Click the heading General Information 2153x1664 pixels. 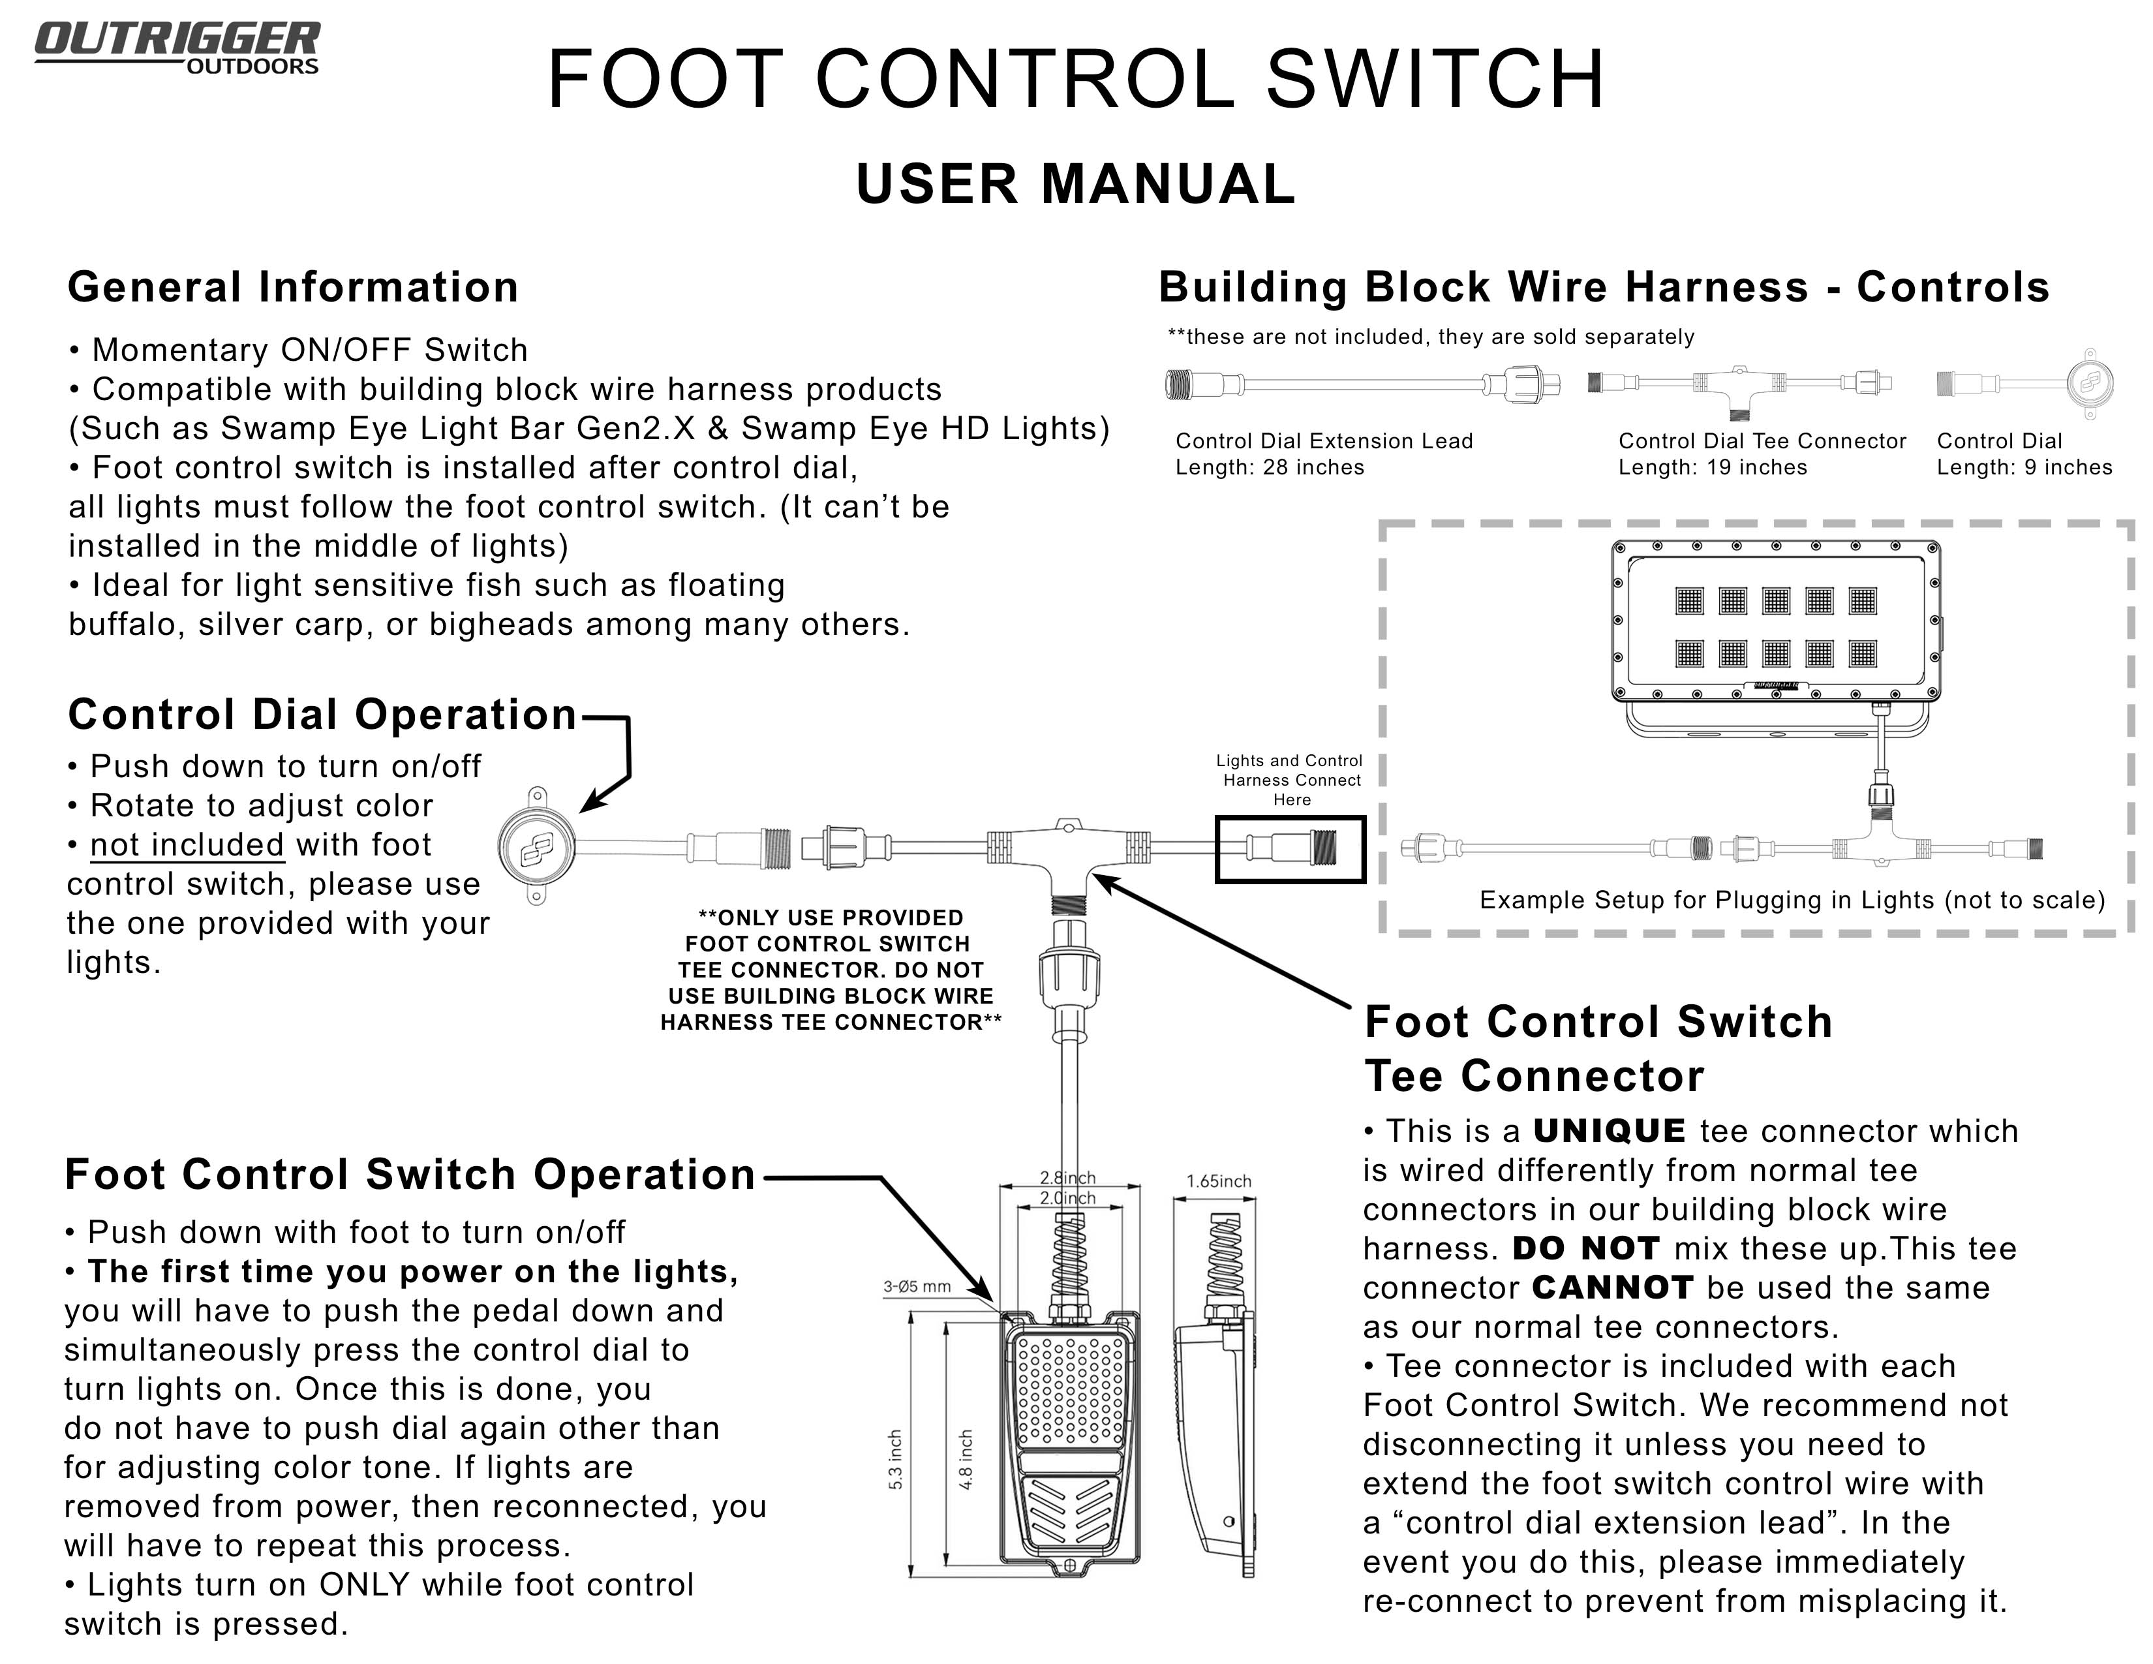click(x=293, y=287)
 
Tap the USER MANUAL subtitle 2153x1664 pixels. click(x=1075, y=184)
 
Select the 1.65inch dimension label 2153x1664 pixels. click(x=1219, y=1181)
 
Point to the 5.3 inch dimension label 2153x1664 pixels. click(x=895, y=1460)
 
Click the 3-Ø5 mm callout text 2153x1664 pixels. click(x=917, y=1286)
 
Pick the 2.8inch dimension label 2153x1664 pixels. click(x=1067, y=1178)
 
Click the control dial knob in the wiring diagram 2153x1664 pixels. click(x=536, y=846)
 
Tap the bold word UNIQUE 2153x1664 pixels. click(x=1610, y=1131)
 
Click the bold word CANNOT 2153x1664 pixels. click(x=1613, y=1287)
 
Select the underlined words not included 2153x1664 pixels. click(x=187, y=845)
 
